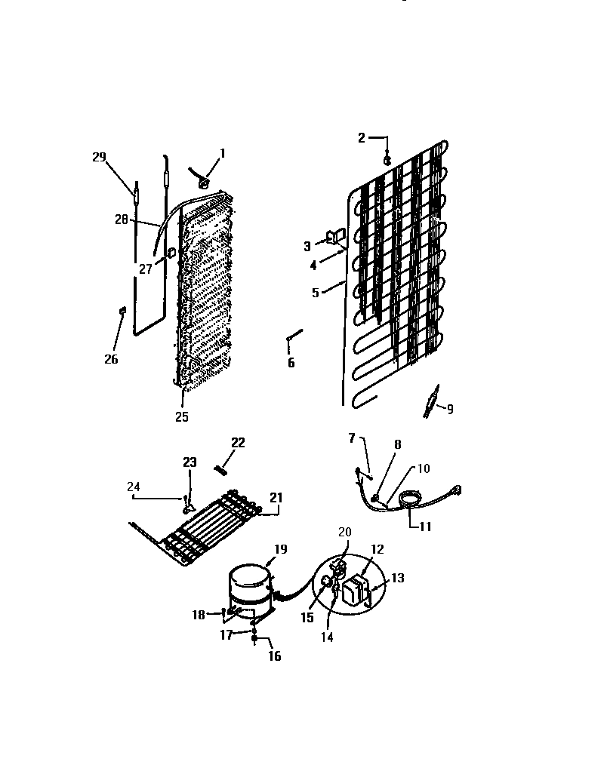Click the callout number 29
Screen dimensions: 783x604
(x=99, y=157)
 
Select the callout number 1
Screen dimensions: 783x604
(x=223, y=153)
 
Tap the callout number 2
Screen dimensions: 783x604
(x=362, y=137)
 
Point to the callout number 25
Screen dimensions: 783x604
(x=182, y=416)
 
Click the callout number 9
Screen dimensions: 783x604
(x=450, y=410)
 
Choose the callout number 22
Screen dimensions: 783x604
(x=238, y=443)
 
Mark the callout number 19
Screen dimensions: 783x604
(x=280, y=550)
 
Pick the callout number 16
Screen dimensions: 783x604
(x=275, y=656)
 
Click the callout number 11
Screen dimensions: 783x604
(x=425, y=527)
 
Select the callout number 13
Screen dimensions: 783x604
(x=397, y=579)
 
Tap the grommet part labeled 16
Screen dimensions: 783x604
(x=255, y=638)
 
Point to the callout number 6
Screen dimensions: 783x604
(x=291, y=363)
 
